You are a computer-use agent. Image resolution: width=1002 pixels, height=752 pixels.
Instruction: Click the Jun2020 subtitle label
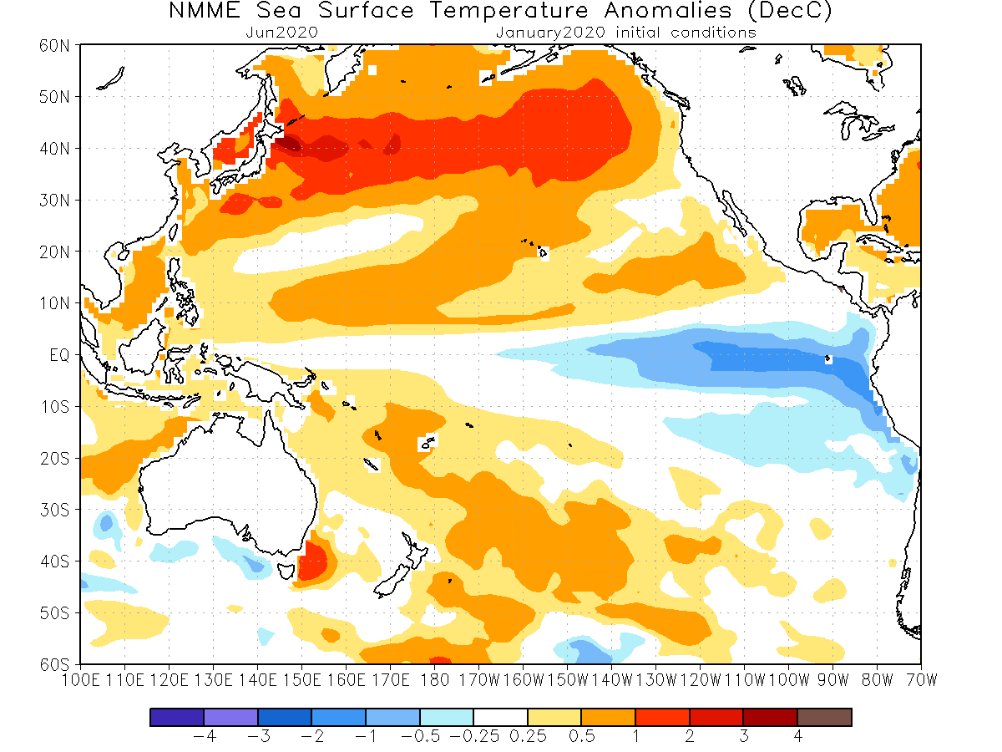(x=282, y=33)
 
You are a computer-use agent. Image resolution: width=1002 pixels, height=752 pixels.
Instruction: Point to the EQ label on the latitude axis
(x=58, y=355)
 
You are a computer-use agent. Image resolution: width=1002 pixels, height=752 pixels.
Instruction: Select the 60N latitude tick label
(x=54, y=45)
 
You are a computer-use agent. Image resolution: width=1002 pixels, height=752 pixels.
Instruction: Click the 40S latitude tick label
(x=54, y=561)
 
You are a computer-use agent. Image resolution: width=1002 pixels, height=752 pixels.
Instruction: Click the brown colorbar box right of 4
(x=824, y=717)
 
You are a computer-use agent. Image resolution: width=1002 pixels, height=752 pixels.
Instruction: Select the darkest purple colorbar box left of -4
(x=177, y=717)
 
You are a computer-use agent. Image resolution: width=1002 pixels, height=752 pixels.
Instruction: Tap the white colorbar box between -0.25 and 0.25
(x=500, y=717)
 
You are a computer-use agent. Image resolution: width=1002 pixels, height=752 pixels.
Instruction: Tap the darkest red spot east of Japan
(x=288, y=144)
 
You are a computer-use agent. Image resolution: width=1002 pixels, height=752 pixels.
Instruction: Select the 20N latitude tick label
(x=54, y=252)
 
